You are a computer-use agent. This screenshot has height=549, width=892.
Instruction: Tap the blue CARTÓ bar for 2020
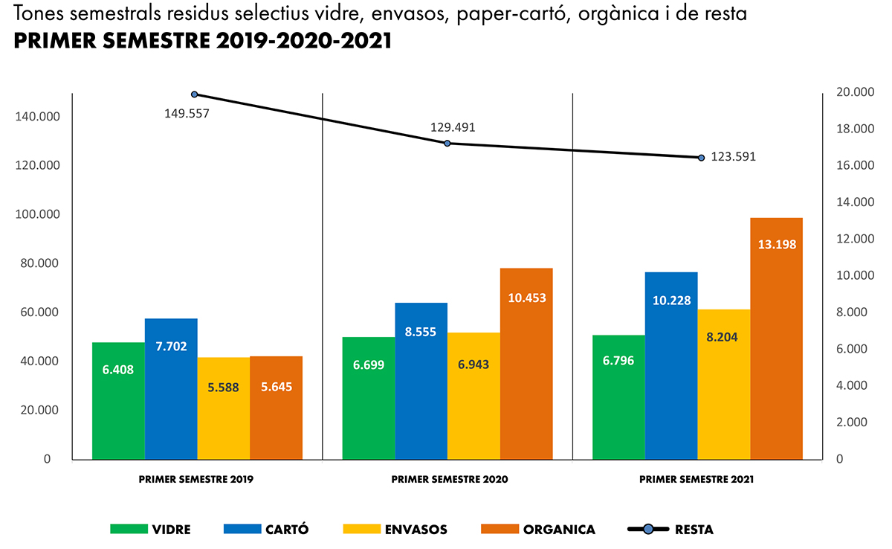point(421,380)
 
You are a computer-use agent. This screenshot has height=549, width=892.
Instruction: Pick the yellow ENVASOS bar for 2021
point(724,384)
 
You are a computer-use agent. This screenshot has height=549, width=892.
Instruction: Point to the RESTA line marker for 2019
point(195,94)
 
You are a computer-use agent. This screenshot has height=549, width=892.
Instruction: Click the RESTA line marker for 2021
point(701,158)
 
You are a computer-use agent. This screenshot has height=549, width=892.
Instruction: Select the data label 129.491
point(453,127)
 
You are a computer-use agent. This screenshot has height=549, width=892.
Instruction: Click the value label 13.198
point(776,244)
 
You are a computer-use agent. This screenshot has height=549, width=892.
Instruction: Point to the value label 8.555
point(421,332)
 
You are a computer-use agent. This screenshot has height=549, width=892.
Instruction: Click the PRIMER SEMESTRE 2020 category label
point(450,480)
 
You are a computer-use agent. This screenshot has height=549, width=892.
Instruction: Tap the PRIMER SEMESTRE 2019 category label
point(196,480)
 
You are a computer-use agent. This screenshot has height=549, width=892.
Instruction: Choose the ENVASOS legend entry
point(416,530)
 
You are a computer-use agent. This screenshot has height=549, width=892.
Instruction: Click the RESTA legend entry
point(694,530)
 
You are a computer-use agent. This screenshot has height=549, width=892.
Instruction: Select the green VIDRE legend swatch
point(128,530)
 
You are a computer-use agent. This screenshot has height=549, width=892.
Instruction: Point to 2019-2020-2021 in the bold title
point(304,42)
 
